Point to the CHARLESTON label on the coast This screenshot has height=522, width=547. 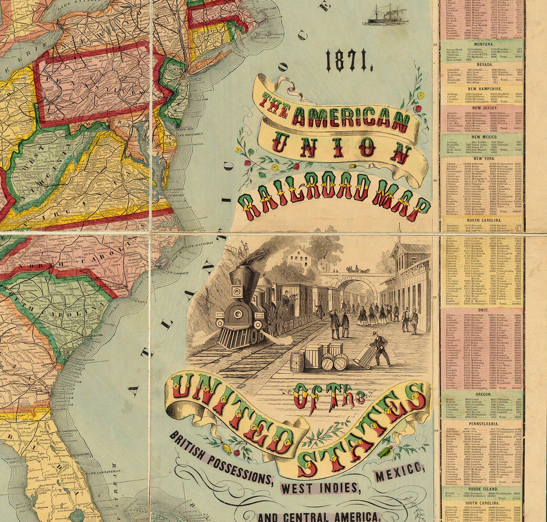[x=95, y=335]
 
